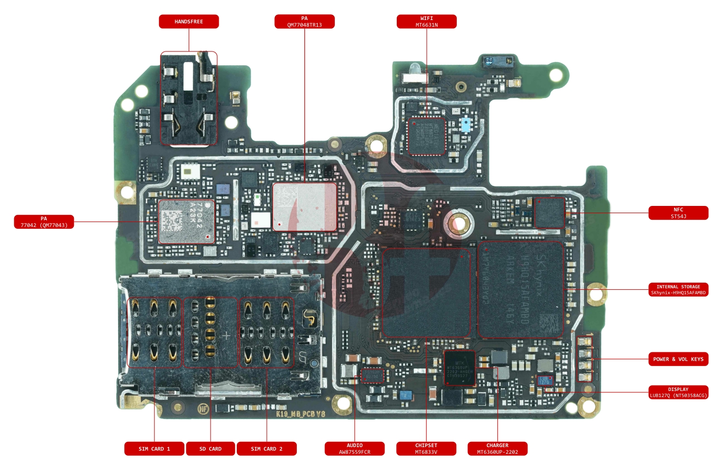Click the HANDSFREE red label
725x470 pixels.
point(189,21)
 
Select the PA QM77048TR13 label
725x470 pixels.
point(304,21)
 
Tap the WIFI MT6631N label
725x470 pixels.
point(426,21)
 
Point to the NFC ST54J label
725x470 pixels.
point(678,213)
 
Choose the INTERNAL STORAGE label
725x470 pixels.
point(678,289)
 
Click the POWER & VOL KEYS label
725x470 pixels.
point(678,359)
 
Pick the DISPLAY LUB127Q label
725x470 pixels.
point(678,392)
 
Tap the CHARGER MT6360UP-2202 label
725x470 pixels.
point(497,449)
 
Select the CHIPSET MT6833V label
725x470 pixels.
point(426,449)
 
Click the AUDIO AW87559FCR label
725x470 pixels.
point(354,449)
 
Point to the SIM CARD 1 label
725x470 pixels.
point(154,449)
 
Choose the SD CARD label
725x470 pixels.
point(210,449)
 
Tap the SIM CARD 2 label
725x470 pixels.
point(266,449)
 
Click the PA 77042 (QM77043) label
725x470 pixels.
point(44,222)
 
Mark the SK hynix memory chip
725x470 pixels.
point(521,289)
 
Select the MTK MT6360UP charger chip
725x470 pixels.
point(459,368)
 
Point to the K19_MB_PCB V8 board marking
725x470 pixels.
point(300,414)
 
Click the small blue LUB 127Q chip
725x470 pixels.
point(544,380)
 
